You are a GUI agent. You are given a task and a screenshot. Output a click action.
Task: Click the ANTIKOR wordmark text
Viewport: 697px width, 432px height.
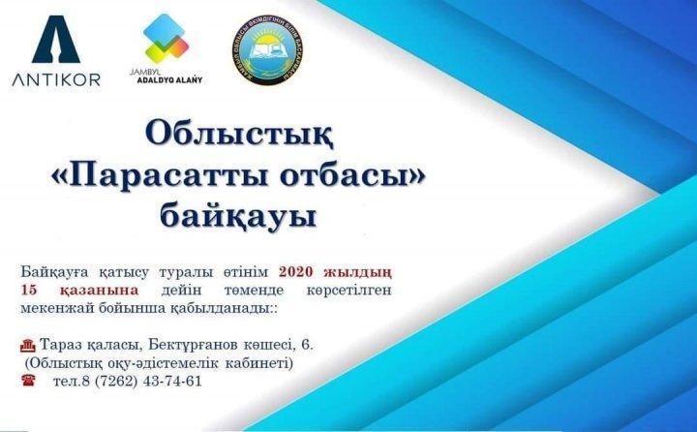(x=56, y=79)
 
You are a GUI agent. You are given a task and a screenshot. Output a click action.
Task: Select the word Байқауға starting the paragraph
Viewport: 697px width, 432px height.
(x=54, y=272)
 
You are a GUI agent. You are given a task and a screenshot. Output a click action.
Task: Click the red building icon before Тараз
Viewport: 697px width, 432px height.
(x=25, y=345)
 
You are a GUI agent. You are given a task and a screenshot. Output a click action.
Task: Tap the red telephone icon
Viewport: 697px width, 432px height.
(x=26, y=381)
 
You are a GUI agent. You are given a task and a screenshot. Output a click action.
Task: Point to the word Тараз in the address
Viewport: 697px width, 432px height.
(x=63, y=345)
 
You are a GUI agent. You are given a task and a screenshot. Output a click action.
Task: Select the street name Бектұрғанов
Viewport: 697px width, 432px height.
(x=198, y=345)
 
